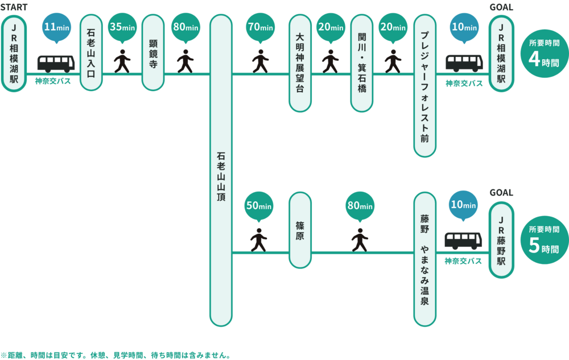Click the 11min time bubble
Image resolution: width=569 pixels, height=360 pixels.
point(56,27)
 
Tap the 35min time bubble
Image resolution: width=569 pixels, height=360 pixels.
point(122,27)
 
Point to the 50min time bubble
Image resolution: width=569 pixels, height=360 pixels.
point(259,205)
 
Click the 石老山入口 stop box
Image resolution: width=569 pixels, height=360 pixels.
point(91,53)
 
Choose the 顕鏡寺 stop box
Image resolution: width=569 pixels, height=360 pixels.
point(152,53)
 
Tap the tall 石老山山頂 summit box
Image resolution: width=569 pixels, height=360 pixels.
point(221,171)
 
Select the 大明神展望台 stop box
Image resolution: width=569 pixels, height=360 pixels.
point(300,64)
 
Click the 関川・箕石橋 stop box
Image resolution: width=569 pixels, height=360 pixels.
point(362,64)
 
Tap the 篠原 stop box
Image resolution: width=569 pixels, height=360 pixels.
point(300,230)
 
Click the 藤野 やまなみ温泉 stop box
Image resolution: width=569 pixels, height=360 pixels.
point(424,259)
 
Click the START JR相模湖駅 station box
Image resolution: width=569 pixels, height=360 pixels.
point(14,53)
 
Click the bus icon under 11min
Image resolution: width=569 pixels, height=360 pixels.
point(56,63)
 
